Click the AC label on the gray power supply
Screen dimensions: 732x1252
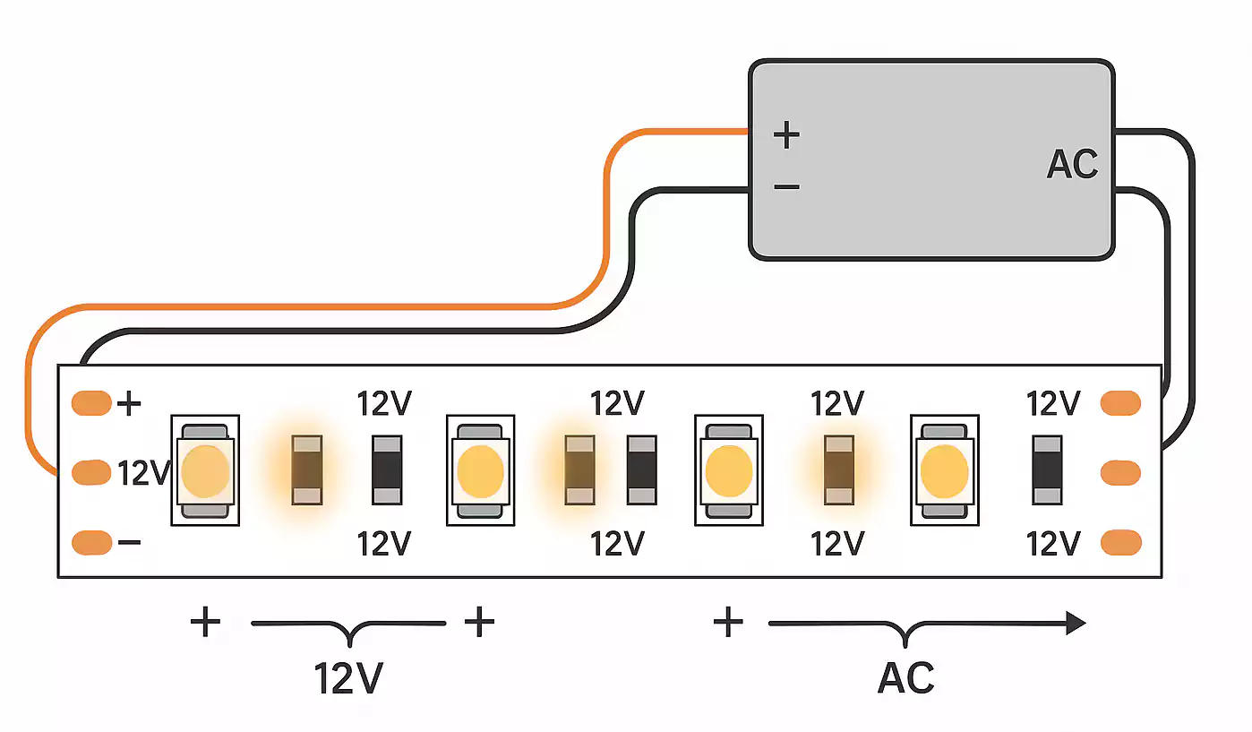tap(1072, 165)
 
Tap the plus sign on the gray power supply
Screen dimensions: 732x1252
tap(786, 135)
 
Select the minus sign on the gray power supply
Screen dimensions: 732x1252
tap(786, 186)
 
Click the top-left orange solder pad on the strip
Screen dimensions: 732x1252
tap(91, 403)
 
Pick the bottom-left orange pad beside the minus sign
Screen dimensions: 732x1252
tap(91, 542)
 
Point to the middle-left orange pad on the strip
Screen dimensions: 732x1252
tap(91, 472)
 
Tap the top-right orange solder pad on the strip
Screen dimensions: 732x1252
tap(1120, 403)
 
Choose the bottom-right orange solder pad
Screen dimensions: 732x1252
tap(1120, 542)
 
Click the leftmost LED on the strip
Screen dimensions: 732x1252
tap(205, 469)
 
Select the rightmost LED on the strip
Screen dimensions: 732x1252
tap(944, 469)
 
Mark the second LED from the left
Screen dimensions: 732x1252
tap(480, 469)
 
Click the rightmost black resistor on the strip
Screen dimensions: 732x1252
tap(1046, 469)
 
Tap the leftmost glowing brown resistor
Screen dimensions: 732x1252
tap(307, 469)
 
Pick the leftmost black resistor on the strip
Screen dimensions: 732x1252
tap(388, 469)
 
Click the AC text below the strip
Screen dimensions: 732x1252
tap(906, 678)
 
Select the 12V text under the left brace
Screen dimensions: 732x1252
tap(348, 679)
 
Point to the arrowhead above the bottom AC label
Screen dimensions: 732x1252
tap(1075, 623)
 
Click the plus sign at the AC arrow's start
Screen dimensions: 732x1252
tap(728, 621)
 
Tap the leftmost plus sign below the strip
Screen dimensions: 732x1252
tap(205, 621)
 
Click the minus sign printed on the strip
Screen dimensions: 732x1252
tap(129, 543)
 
